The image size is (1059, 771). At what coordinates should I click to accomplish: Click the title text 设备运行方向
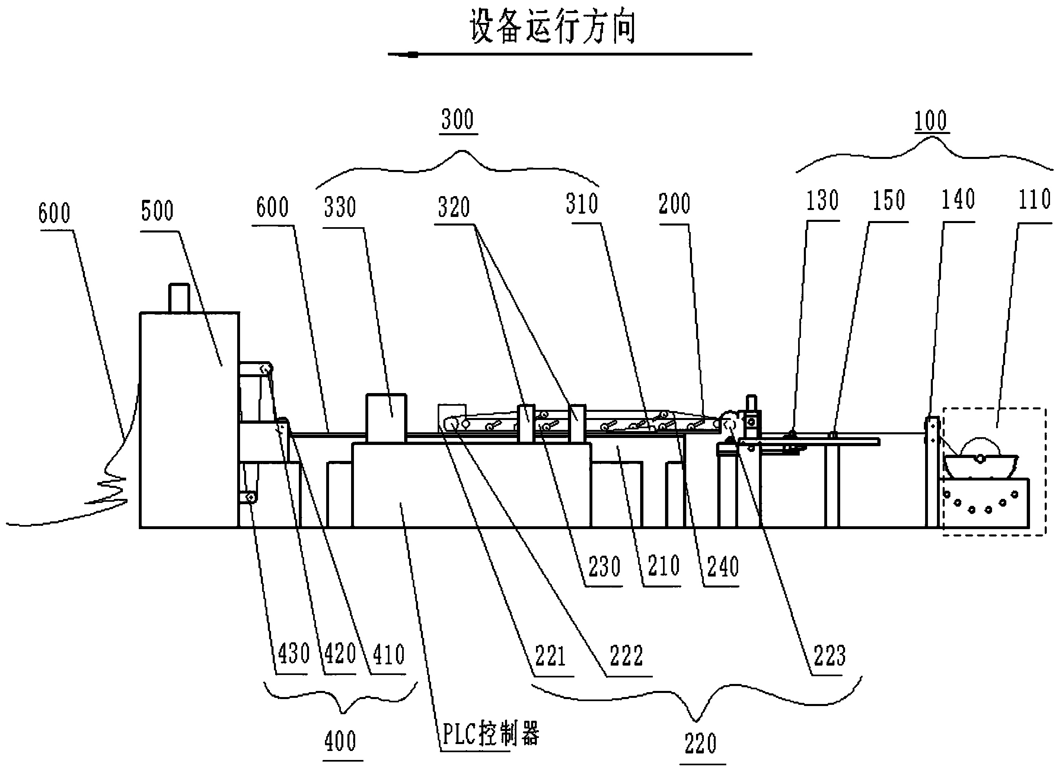552,27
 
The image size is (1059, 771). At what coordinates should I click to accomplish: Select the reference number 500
157,211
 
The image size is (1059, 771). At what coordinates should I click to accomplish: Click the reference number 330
340,207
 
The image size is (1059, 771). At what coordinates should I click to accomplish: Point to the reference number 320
454,207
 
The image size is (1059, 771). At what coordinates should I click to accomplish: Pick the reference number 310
582,204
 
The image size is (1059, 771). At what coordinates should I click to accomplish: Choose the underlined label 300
458,119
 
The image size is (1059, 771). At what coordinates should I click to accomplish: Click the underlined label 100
930,121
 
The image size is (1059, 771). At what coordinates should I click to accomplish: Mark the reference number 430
294,653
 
